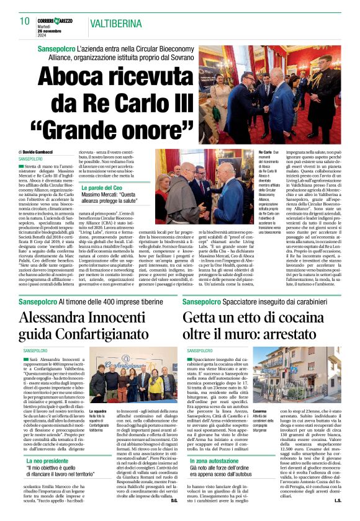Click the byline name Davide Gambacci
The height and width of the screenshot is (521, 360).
(42, 152)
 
